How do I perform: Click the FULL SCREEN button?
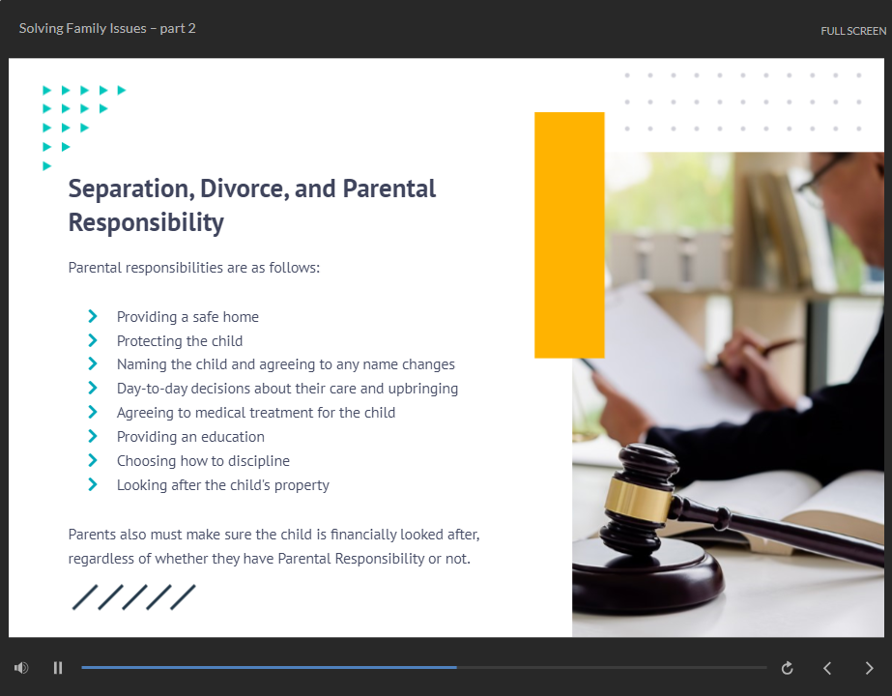point(852,31)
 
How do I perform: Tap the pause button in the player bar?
point(57,668)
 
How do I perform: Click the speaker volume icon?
point(21,668)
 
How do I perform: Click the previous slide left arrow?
point(827,668)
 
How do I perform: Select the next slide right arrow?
point(869,668)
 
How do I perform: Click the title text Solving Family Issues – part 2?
point(107,28)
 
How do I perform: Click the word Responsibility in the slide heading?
point(146,222)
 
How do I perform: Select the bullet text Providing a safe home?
point(187,317)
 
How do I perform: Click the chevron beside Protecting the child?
point(93,340)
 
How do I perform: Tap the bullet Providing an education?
point(190,437)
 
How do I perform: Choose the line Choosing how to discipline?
point(203,461)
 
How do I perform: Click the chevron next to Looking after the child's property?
point(93,484)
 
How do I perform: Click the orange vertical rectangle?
point(569,235)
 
